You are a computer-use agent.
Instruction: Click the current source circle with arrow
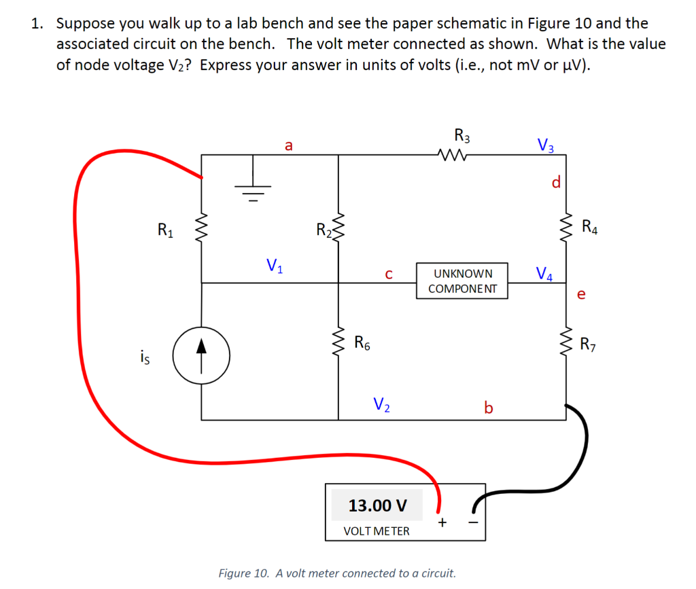tap(201, 355)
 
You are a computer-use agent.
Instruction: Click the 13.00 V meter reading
tap(377, 505)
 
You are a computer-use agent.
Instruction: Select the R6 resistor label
tap(362, 342)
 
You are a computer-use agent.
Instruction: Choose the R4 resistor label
tap(590, 226)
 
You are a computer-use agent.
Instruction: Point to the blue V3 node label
tap(545, 145)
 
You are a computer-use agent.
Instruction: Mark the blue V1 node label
tap(275, 264)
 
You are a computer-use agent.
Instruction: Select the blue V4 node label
tap(544, 274)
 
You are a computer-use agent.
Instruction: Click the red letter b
tap(487, 408)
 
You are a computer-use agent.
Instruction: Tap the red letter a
tap(289, 145)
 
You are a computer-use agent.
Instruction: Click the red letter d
tap(555, 183)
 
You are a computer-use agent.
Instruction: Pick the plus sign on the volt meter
tap(442, 522)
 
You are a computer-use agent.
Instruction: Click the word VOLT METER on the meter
tap(377, 531)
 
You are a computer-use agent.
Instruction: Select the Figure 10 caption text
tap(336, 573)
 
